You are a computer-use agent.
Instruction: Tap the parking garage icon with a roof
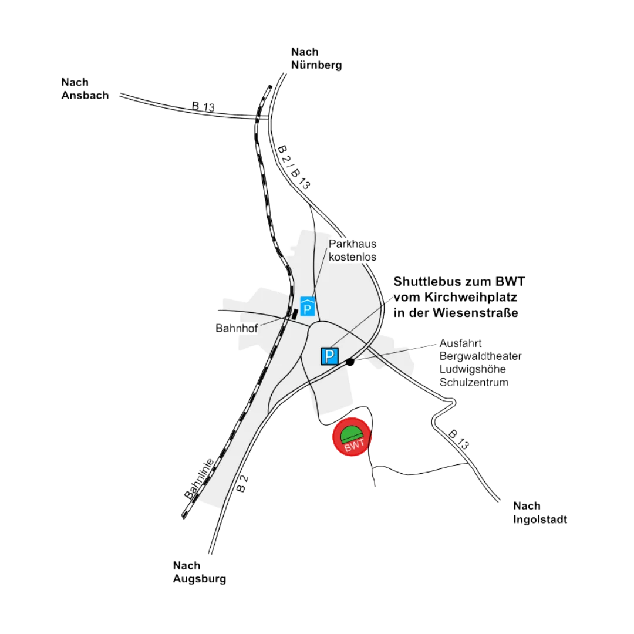click(x=307, y=306)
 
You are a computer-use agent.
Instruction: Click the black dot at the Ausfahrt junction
click(x=350, y=362)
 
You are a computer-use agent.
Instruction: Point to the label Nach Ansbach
click(x=85, y=89)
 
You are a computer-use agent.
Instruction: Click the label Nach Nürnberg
click(x=316, y=59)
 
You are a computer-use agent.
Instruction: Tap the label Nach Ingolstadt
click(x=539, y=512)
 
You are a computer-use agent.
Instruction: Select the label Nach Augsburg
click(x=199, y=572)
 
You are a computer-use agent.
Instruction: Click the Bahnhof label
click(x=237, y=329)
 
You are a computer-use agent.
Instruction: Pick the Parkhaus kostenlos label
click(x=352, y=250)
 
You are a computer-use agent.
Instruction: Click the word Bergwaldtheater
click(x=480, y=356)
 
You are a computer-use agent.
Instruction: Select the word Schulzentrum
click(x=474, y=383)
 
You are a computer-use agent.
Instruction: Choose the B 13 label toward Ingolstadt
click(x=461, y=441)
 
